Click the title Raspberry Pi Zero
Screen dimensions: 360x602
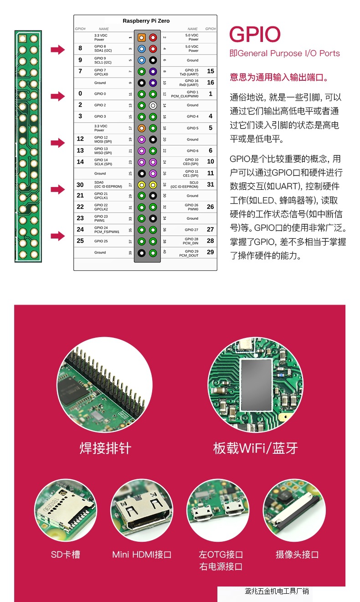click(x=146, y=21)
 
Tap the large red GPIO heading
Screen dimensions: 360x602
click(x=255, y=35)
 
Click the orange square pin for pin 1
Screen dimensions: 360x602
click(x=142, y=37)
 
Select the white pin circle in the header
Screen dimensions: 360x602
click(x=153, y=105)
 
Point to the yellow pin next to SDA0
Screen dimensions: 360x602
click(x=142, y=185)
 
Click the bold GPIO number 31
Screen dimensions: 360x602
click(x=210, y=185)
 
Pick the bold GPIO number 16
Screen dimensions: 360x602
click(x=210, y=83)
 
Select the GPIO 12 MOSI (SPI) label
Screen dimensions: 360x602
click(x=103, y=139)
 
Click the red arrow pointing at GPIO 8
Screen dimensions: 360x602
click(x=58, y=50)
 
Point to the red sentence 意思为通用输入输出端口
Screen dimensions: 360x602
click(x=279, y=78)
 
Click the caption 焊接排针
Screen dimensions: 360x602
click(x=105, y=448)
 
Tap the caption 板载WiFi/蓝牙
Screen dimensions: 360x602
click(x=255, y=448)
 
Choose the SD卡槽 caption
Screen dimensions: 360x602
click(x=65, y=555)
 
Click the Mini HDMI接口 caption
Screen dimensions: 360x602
click(x=142, y=555)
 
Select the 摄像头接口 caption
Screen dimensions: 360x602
click(x=297, y=555)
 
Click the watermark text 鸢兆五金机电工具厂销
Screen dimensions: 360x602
click(x=277, y=591)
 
